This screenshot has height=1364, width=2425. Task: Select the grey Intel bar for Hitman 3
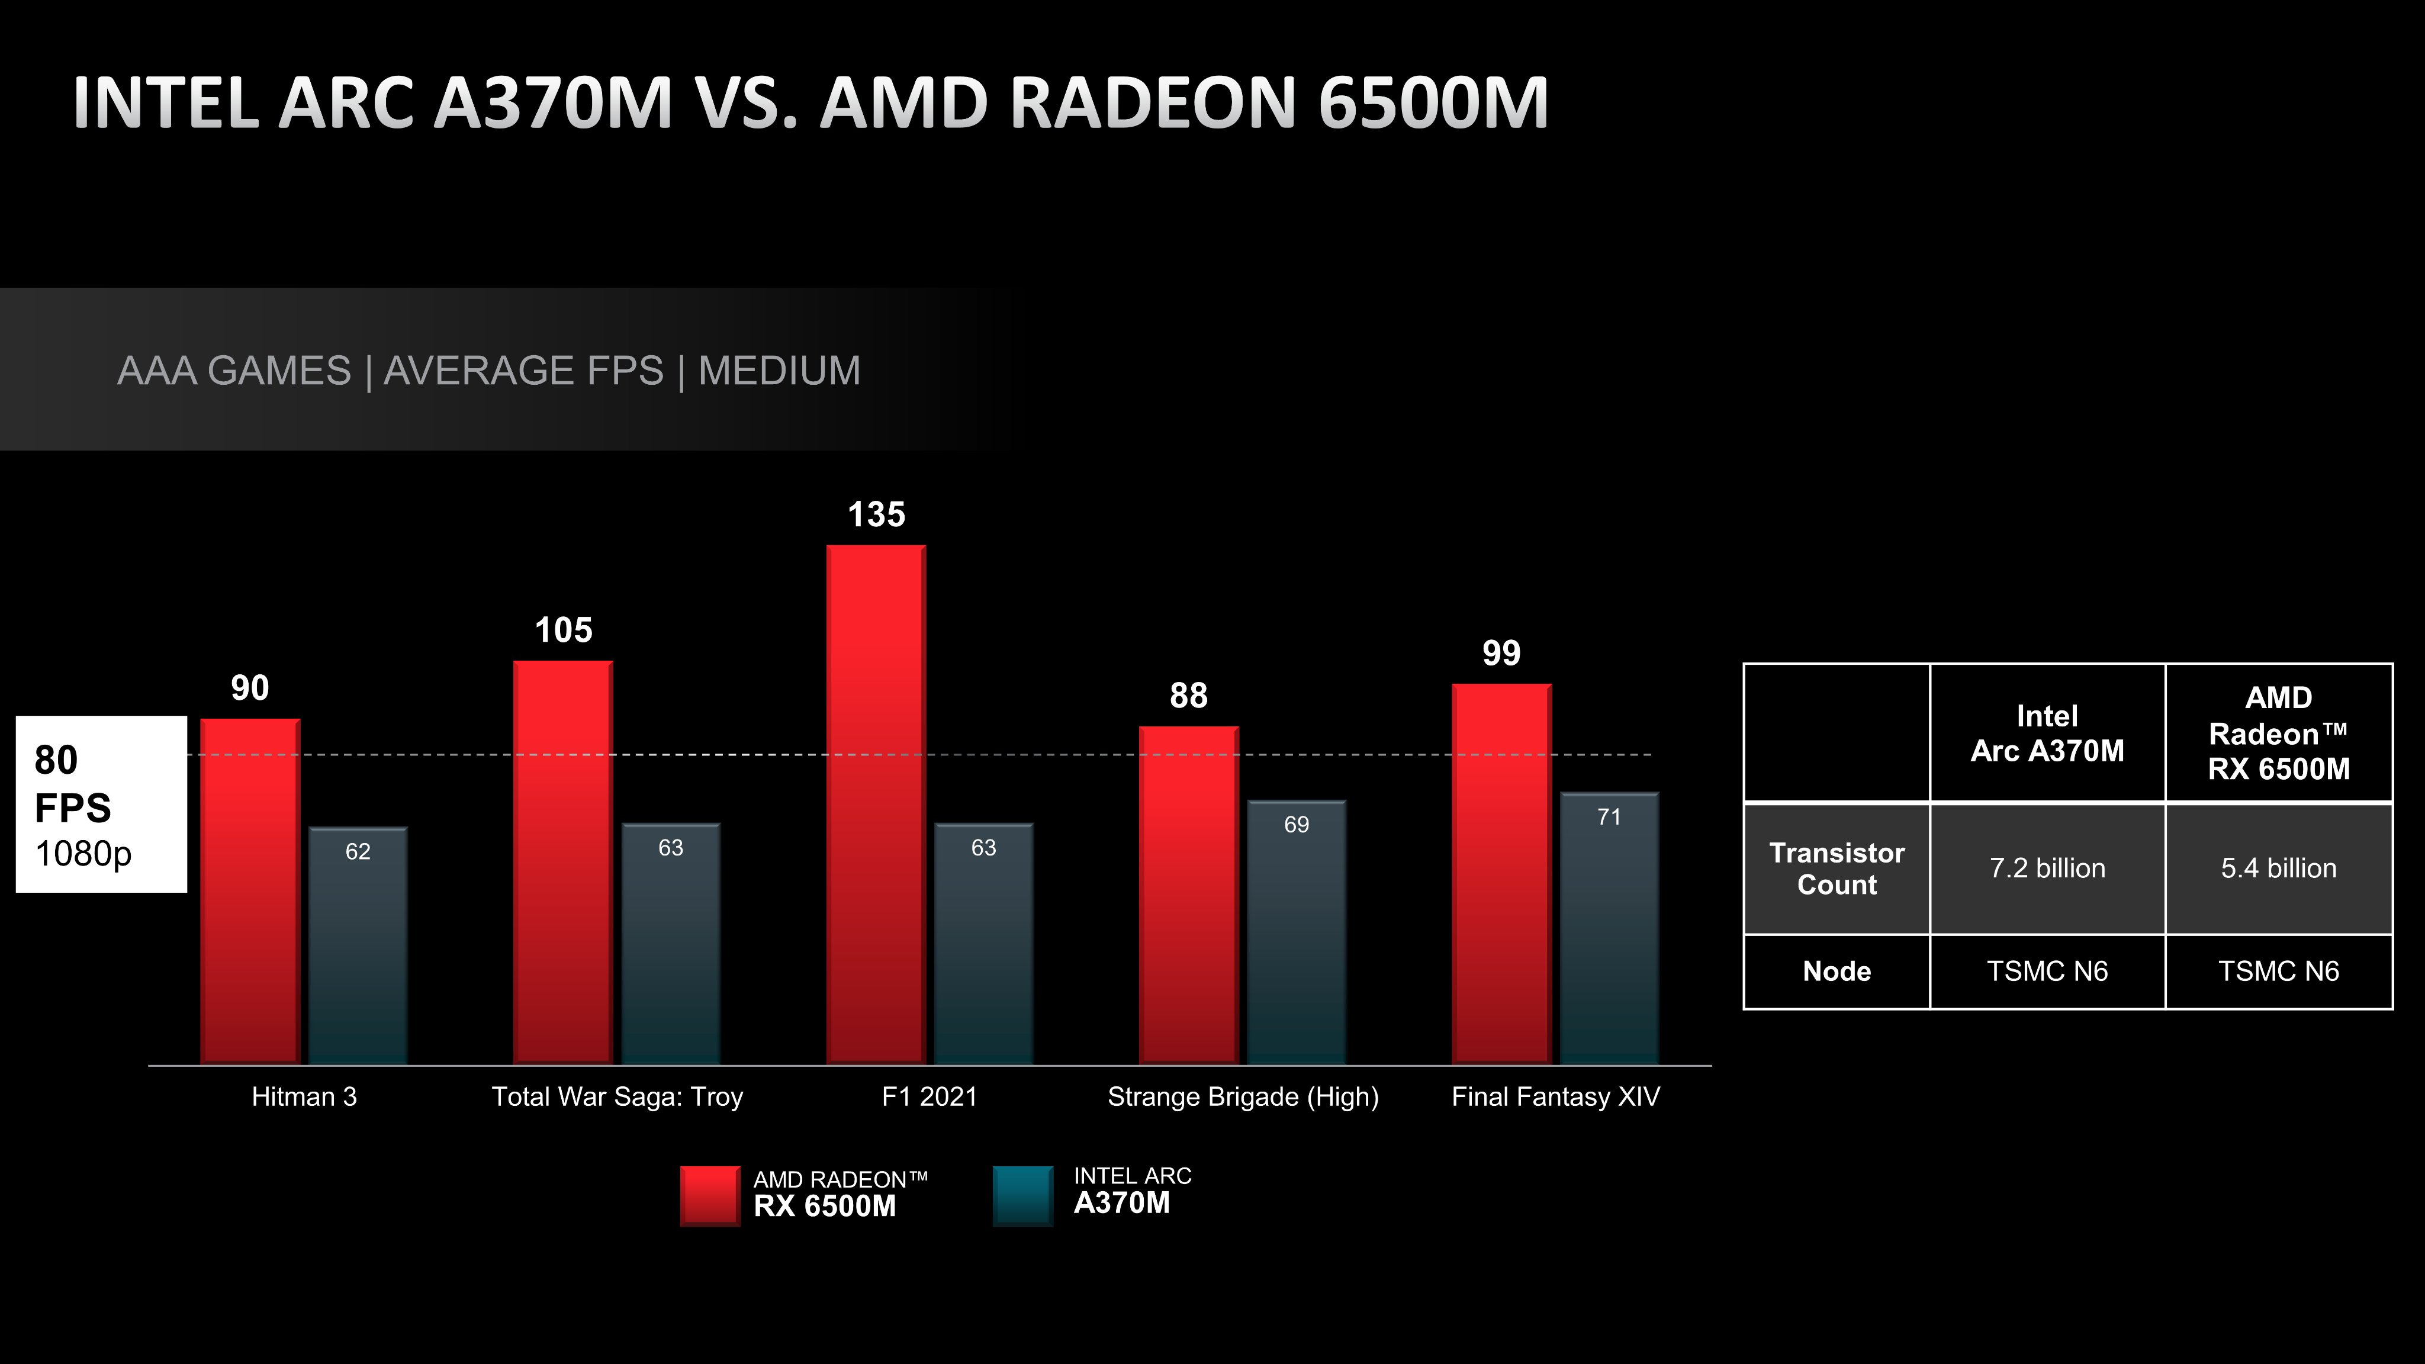point(358,951)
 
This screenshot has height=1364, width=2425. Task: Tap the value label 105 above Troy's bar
point(563,630)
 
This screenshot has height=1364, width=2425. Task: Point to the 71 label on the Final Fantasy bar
point(1609,817)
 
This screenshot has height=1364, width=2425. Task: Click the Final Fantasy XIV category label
point(1555,1096)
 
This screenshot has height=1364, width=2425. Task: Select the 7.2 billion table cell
point(2047,868)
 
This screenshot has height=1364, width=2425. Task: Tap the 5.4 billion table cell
point(2278,868)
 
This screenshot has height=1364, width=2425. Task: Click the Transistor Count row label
point(1836,868)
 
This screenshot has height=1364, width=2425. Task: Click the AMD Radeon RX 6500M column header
point(2278,734)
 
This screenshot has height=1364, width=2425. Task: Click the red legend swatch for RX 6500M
point(710,1195)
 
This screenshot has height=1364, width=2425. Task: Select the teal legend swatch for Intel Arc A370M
point(1022,1195)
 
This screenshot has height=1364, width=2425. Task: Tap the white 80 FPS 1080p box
point(101,804)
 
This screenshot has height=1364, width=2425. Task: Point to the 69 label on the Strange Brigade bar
point(1297,825)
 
